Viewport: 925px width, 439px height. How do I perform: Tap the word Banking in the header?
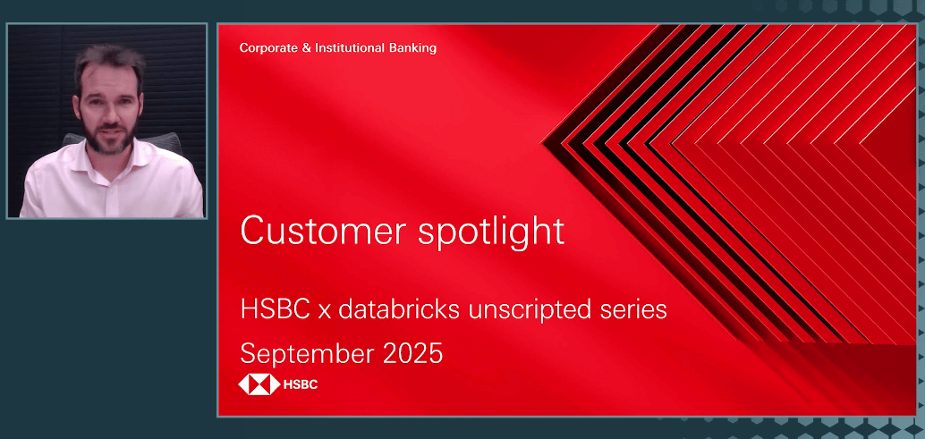point(413,48)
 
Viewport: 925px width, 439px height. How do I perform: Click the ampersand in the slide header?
point(308,48)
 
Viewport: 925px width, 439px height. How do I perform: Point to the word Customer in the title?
point(319,232)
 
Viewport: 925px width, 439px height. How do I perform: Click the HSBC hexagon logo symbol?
point(258,385)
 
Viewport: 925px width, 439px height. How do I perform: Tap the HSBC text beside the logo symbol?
point(301,385)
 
